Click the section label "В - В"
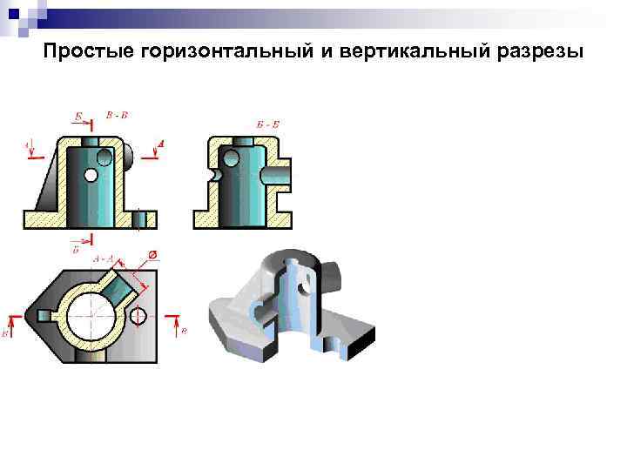pos(117,115)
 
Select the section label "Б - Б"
pos(268,125)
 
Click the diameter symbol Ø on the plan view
pos(152,254)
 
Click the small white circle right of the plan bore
pos(138,318)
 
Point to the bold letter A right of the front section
pos(162,143)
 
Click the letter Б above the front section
pos(78,115)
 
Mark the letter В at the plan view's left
pos(7,332)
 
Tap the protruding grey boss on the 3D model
pos(336,277)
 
